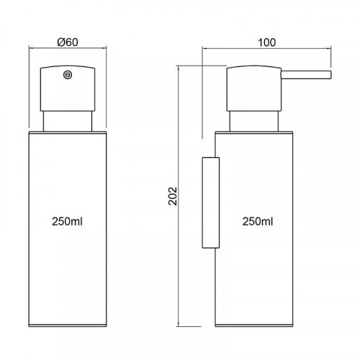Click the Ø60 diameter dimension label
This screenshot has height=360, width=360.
coord(68,42)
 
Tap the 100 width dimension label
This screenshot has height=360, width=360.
coord(266,42)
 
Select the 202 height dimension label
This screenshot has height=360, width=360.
coord(173,196)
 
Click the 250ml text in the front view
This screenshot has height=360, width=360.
coord(67,221)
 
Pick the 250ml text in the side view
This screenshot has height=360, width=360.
coord(258,221)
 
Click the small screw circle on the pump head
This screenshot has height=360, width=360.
coord(68,75)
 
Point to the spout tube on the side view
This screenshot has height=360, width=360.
coord(306,75)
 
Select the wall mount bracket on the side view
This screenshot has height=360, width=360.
coord(211,202)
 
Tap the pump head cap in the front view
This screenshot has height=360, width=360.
coord(68,88)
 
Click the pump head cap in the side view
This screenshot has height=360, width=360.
coord(253,88)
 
